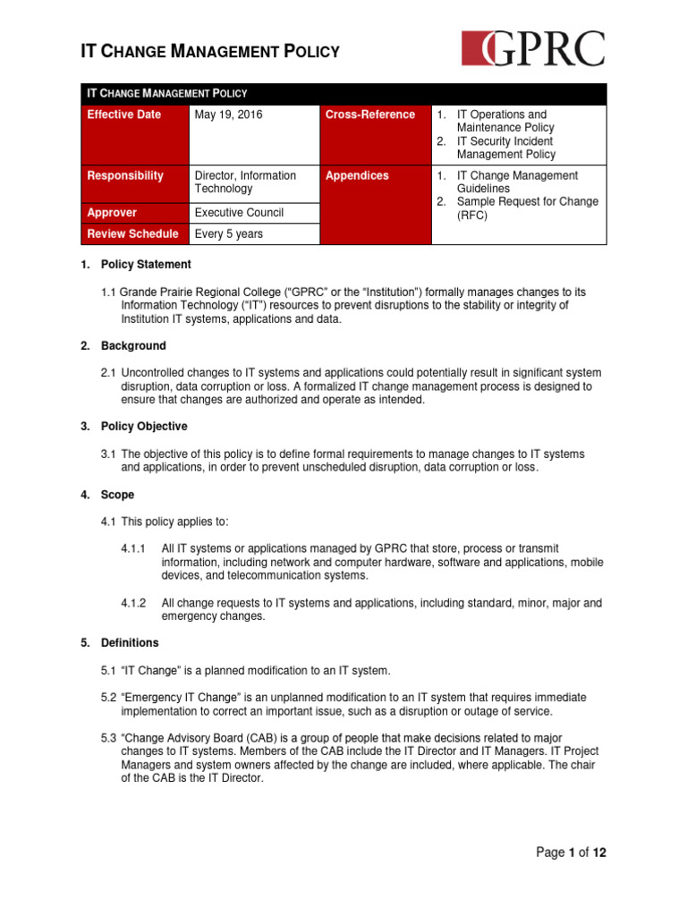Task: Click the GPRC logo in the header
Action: (x=533, y=48)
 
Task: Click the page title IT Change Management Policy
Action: (x=210, y=52)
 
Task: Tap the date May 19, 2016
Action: (x=229, y=115)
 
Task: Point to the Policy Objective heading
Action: (x=142, y=427)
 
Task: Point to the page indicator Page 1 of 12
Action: (x=571, y=852)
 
